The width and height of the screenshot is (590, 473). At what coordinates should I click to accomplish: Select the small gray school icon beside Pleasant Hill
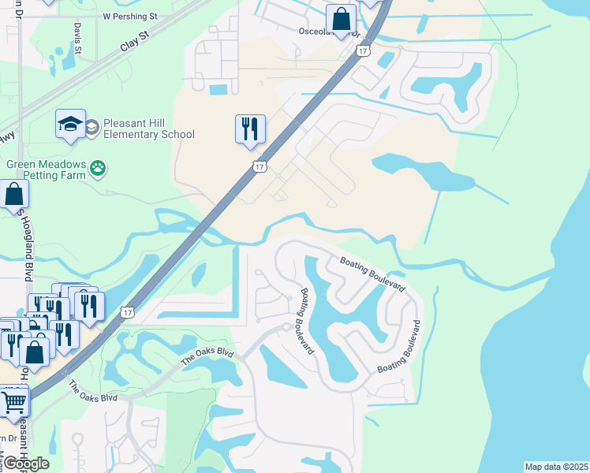tap(92, 127)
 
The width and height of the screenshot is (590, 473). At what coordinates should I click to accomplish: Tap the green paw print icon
tap(98, 168)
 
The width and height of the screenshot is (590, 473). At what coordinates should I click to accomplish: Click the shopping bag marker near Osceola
tap(341, 20)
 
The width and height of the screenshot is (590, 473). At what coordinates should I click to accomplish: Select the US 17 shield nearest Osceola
tap(362, 50)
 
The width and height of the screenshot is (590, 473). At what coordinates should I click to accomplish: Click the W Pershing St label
tap(130, 16)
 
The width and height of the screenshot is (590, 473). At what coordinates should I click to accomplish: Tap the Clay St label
tap(134, 42)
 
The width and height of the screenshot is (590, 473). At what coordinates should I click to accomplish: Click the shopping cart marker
tap(13, 402)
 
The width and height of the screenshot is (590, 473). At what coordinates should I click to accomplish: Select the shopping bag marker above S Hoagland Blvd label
tap(13, 195)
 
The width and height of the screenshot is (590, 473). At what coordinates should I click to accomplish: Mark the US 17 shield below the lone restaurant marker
tap(260, 167)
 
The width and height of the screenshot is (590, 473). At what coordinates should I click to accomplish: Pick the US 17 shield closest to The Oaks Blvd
tap(127, 312)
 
